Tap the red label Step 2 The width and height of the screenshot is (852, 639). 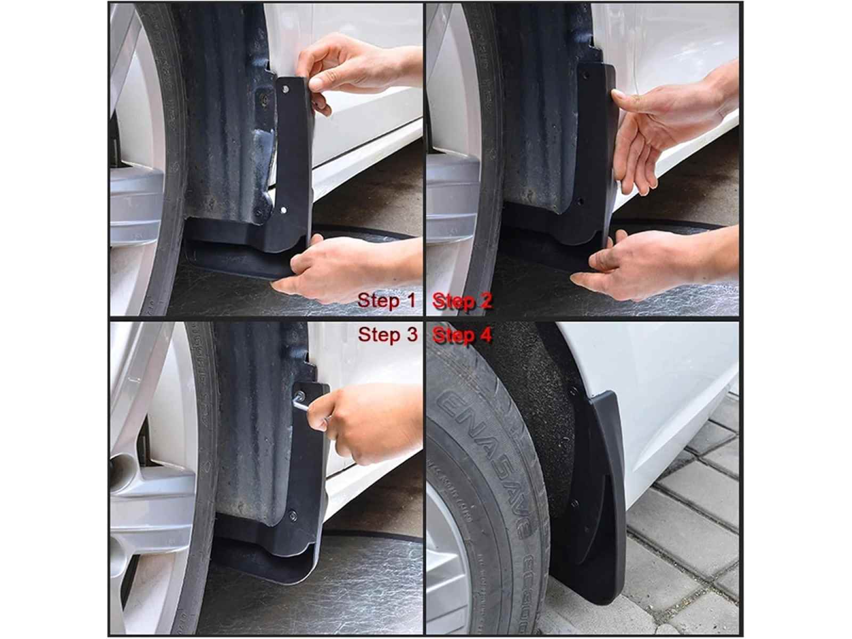click(463, 301)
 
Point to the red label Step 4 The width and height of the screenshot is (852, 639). click(463, 335)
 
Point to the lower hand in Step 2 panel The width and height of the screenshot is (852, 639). click(650, 261)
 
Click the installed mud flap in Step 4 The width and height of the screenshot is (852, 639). click(602, 490)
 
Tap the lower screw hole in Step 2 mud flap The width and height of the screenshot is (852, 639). click(581, 202)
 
